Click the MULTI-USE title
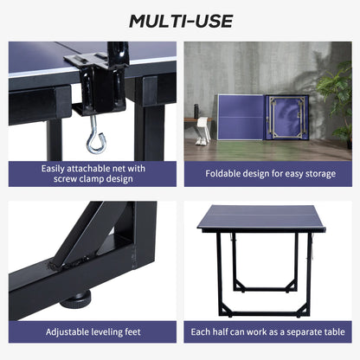(181, 21)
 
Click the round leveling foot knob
(75, 299)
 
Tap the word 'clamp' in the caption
(92, 178)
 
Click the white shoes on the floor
(201, 141)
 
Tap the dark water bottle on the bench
(196, 112)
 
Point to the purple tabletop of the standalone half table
(261, 217)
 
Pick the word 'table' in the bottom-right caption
(336, 331)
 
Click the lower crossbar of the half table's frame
(266, 313)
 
